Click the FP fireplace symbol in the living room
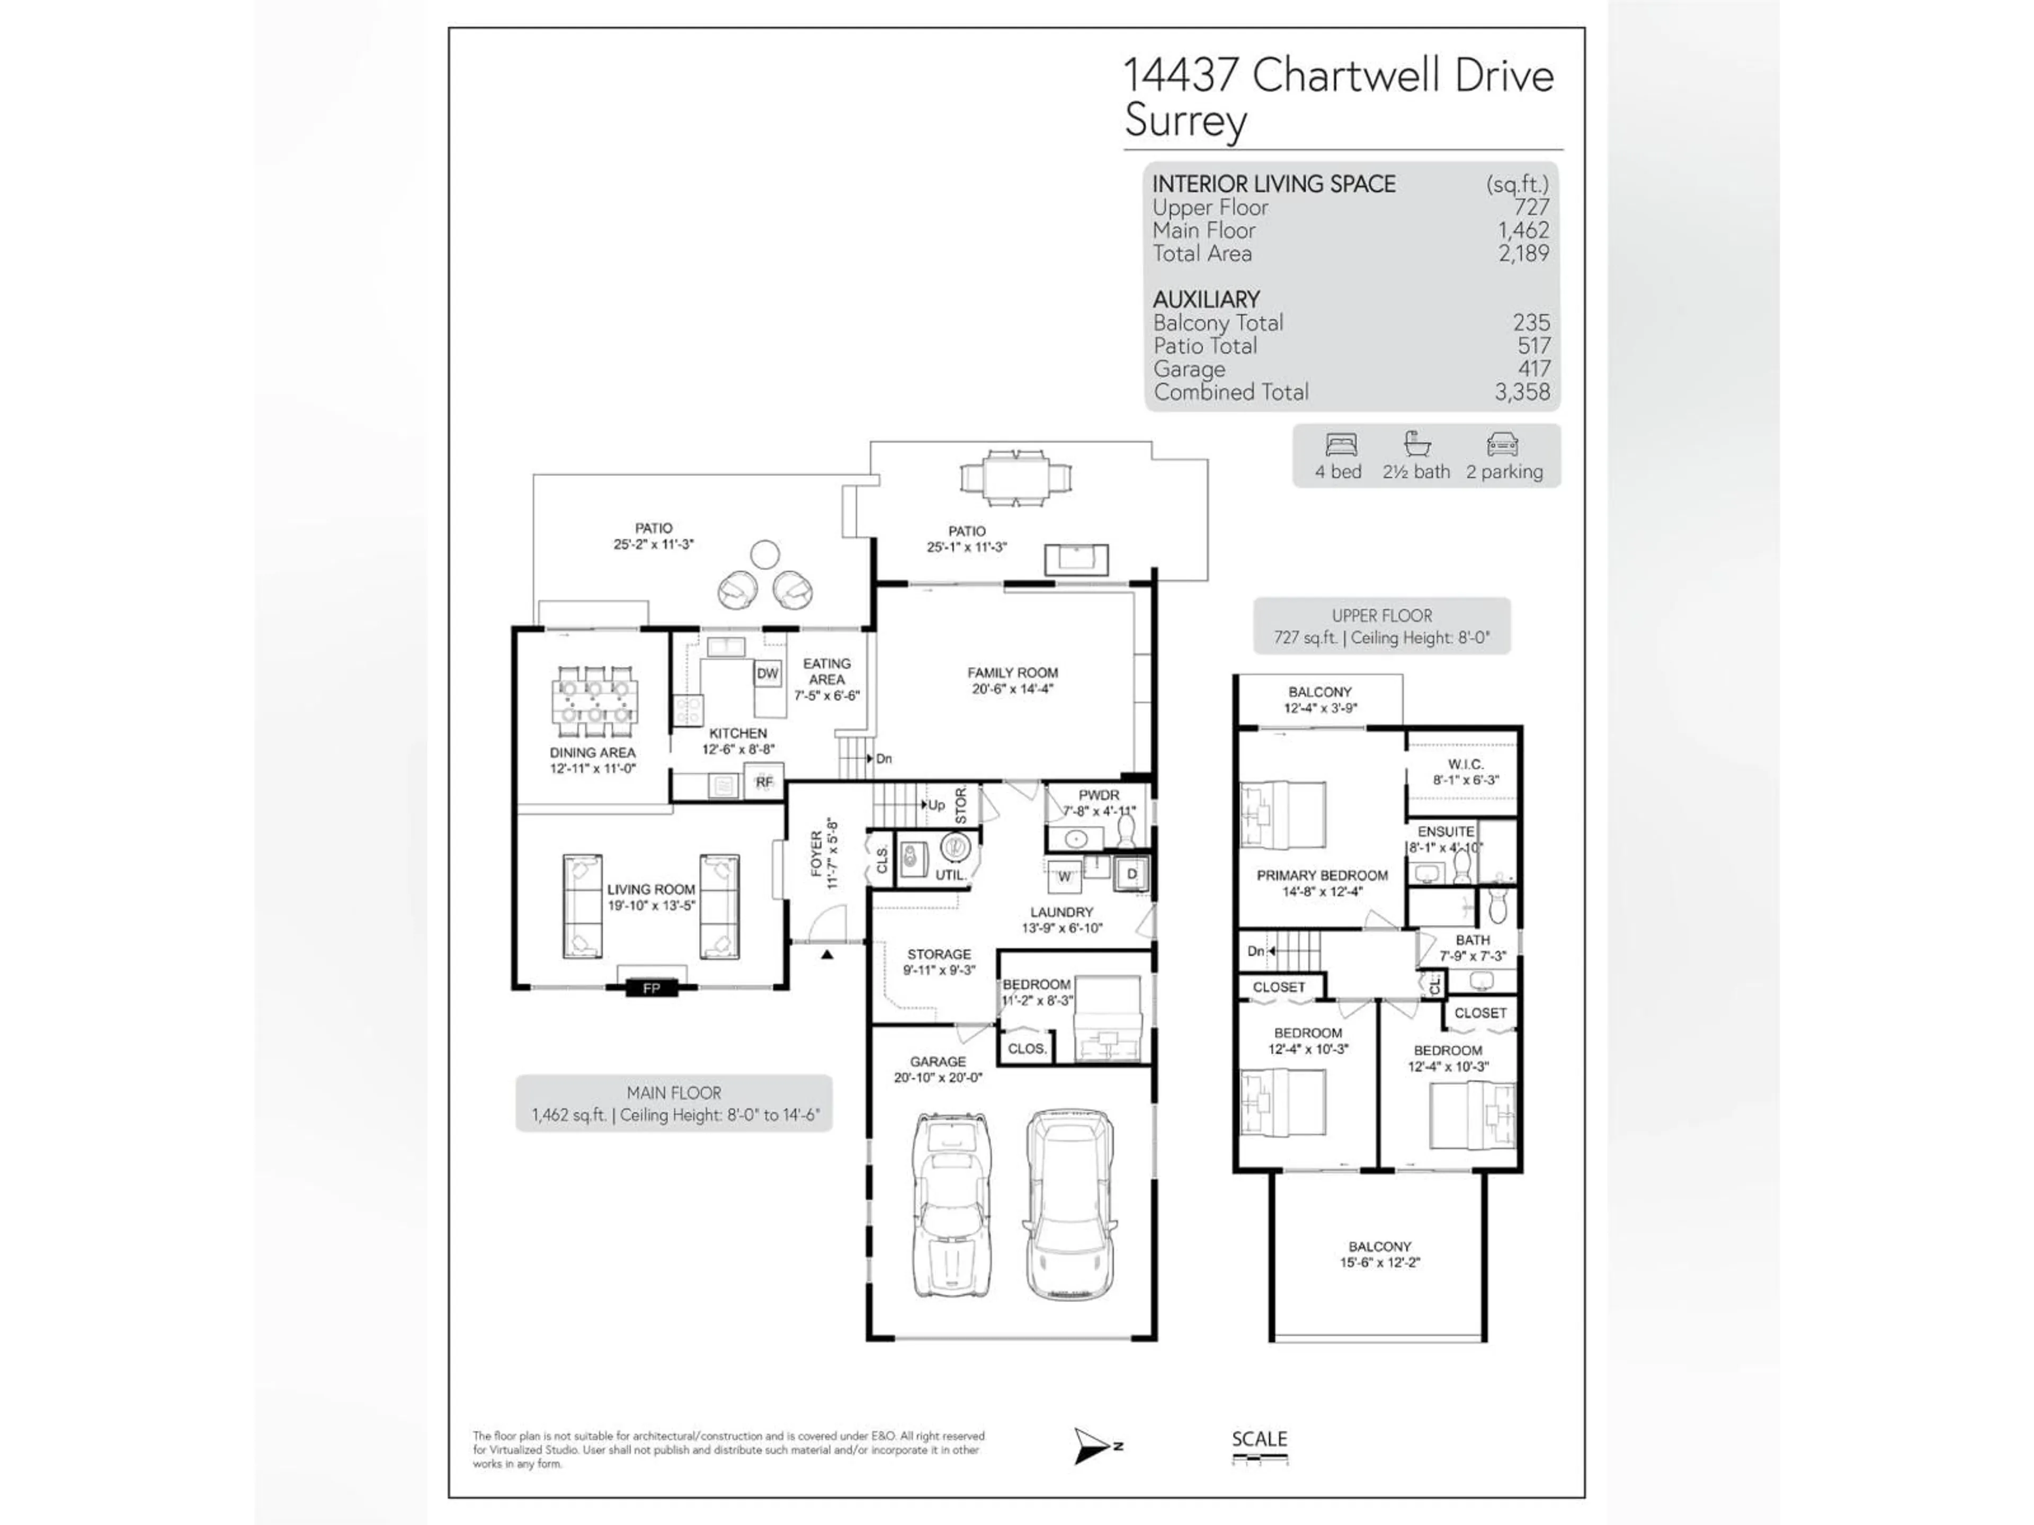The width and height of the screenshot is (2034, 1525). coord(651,988)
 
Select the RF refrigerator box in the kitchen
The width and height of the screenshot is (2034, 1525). coord(764,782)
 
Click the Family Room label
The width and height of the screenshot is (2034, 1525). coord(1012,673)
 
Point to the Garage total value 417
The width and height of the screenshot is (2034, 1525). coord(1533,369)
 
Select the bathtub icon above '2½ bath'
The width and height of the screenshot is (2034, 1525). coord(1416,445)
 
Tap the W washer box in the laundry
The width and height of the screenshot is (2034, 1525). coord(1064,876)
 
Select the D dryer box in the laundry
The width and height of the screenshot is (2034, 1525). coord(1132,874)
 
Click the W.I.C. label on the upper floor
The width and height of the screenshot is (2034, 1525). coord(1465,764)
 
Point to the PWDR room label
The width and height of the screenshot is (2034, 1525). coord(1099,795)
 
